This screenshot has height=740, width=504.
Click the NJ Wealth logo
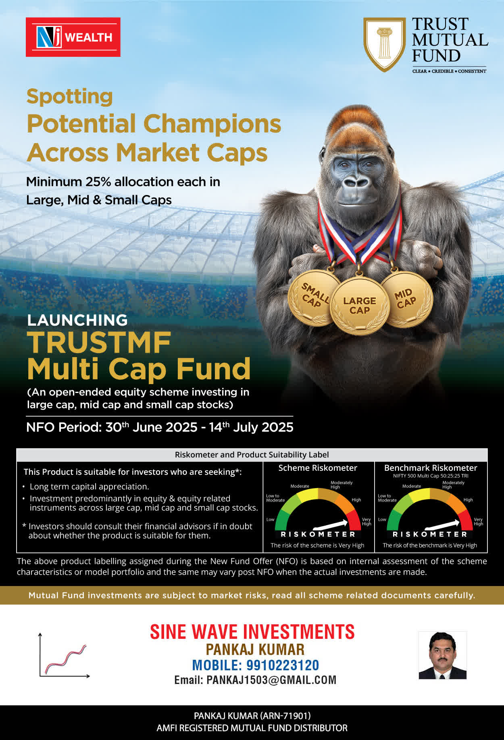click(73, 37)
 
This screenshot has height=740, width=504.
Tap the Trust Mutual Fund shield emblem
click(384, 44)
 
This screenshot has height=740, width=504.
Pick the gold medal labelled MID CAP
click(406, 299)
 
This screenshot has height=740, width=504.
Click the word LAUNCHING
click(77, 320)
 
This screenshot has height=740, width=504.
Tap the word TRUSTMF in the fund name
click(99, 343)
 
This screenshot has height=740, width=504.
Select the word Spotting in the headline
click(70, 97)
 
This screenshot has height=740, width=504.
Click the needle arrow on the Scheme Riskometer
click(330, 525)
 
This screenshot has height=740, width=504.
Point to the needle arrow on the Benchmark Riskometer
click(442, 525)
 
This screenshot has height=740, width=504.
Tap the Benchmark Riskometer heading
click(431, 468)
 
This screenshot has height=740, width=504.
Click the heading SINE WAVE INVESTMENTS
click(252, 632)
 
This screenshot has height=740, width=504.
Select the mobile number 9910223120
click(283, 665)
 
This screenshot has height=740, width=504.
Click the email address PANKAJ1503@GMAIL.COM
click(271, 680)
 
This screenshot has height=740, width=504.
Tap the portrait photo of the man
click(442, 655)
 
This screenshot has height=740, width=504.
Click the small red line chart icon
click(65, 655)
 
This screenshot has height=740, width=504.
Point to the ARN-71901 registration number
click(285, 716)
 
